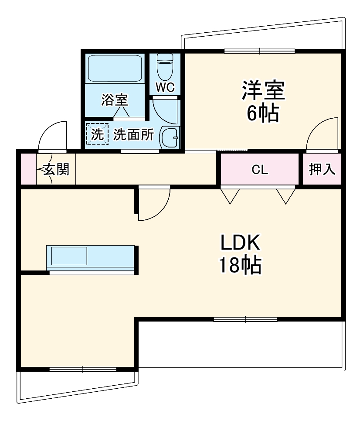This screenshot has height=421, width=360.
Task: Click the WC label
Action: click(x=165, y=87)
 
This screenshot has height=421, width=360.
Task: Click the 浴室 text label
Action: click(x=115, y=100)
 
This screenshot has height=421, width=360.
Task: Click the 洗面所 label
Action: click(x=133, y=135)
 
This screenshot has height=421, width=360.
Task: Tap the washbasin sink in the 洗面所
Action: click(x=170, y=138)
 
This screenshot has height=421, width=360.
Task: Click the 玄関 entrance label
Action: click(x=56, y=169)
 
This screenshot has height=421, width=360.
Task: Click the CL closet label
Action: click(x=259, y=170)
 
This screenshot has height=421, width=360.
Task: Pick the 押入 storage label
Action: click(x=322, y=169)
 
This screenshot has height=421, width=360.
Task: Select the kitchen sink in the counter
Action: click(x=70, y=256)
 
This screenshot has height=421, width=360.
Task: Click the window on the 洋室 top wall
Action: click(x=260, y=51)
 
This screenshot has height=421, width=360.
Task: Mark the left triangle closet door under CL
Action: click(x=230, y=195)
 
